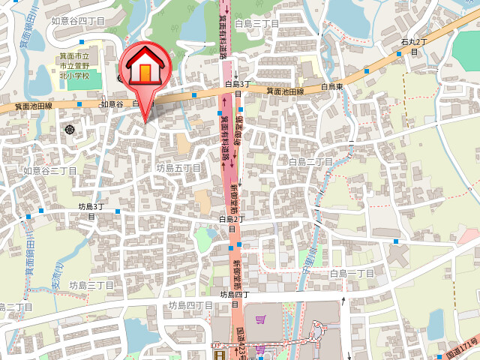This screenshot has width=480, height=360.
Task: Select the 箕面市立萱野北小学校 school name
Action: tap(74, 66)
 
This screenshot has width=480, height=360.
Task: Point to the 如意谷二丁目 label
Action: tap(49, 171)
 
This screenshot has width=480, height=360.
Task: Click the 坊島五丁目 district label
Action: tap(178, 169)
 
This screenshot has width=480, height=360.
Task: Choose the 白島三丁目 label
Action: tap(256, 24)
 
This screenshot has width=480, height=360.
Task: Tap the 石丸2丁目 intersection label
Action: tap(413, 46)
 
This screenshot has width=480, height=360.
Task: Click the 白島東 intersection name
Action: tap(332, 87)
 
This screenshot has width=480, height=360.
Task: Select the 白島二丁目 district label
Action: tap(310, 161)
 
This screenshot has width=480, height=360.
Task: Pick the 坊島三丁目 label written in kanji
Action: tap(91, 286)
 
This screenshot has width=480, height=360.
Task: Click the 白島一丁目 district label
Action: tap(352, 274)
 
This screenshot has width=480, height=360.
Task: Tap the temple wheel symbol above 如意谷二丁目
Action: tap(70, 130)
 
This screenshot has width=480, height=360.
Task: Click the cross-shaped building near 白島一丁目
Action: tap(396, 254)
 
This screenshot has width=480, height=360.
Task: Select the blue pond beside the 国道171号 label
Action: tap(436, 323)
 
